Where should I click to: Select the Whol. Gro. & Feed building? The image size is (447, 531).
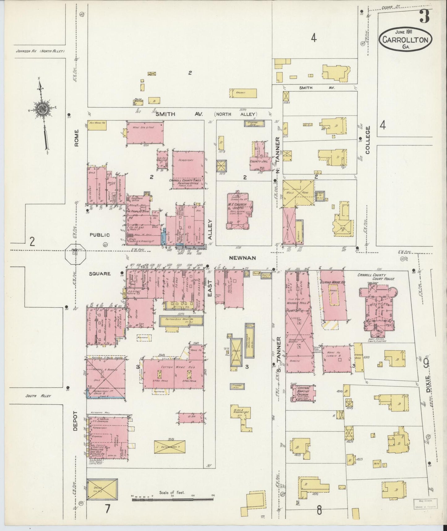tap(145, 132)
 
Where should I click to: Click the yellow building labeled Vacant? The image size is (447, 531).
tap(243, 93)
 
